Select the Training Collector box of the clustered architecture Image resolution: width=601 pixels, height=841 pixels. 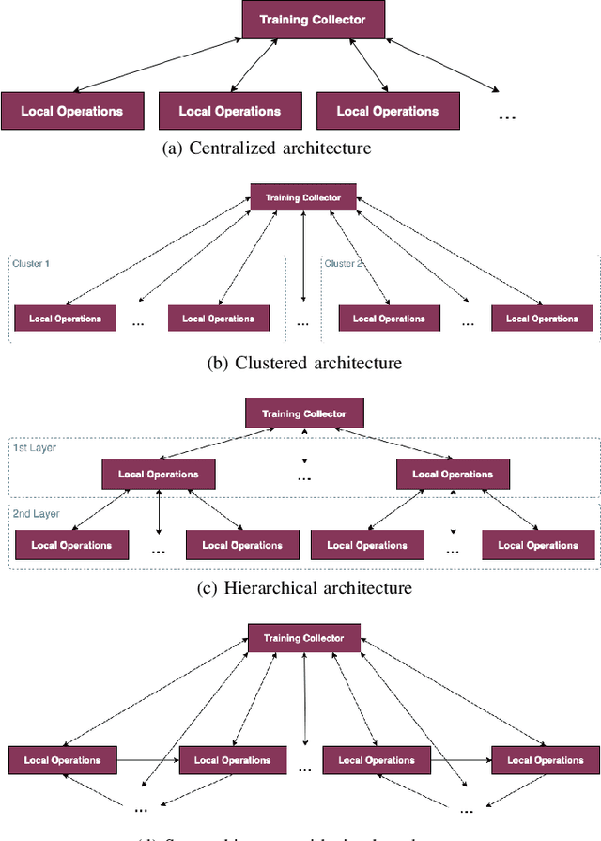coord(302,198)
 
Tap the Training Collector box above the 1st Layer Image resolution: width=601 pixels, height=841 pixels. coord(303,413)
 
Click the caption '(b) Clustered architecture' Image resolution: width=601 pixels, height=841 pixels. coord(303,363)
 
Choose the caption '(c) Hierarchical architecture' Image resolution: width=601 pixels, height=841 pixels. coord(304,588)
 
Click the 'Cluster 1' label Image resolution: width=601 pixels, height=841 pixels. coord(31,264)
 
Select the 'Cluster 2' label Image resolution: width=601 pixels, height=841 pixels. coord(344,264)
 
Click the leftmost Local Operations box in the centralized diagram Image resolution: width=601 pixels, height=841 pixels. coord(72,111)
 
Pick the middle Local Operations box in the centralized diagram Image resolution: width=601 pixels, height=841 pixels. coord(230,111)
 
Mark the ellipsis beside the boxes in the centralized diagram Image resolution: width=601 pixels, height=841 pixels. coord(507,117)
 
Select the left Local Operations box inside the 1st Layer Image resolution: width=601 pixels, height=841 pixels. coord(158,474)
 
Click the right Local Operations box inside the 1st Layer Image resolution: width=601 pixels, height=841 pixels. coord(453,474)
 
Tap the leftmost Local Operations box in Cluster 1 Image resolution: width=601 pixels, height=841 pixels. coord(65,319)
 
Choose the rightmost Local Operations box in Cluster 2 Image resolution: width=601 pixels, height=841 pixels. coord(542,319)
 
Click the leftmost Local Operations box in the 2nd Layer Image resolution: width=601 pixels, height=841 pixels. coord(71,545)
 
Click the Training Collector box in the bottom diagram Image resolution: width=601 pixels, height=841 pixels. coord(303,638)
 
